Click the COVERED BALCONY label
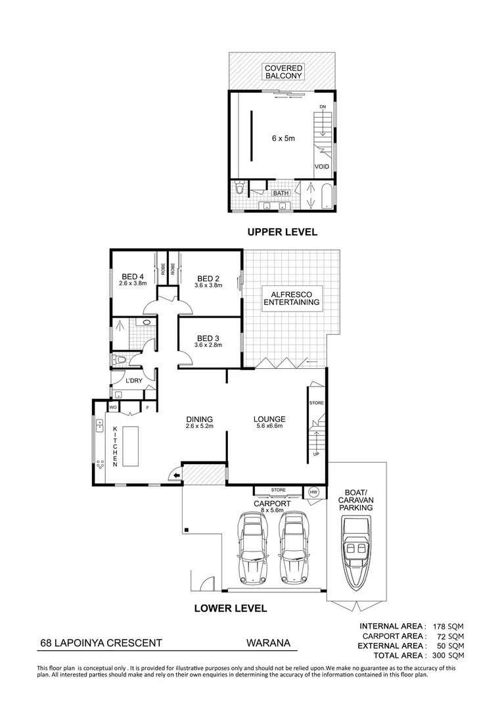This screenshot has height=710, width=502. click(x=283, y=72)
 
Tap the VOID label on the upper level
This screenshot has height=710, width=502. click(x=321, y=167)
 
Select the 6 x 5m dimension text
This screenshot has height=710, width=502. click(x=283, y=139)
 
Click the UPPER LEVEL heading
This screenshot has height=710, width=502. click(x=282, y=232)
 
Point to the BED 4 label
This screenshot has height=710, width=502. click(x=133, y=277)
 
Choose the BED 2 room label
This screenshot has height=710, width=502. click(x=208, y=278)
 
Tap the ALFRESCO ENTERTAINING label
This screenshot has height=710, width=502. click(x=291, y=298)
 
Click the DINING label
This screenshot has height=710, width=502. click(x=198, y=419)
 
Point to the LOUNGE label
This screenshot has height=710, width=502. click(x=270, y=419)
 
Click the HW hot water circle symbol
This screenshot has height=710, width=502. click(x=313, y=492)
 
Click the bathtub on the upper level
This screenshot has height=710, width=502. click(x=327, y=195)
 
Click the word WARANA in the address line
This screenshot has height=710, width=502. click(x=267, y=645)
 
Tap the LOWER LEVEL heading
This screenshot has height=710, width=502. click(x=230, y=608)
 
